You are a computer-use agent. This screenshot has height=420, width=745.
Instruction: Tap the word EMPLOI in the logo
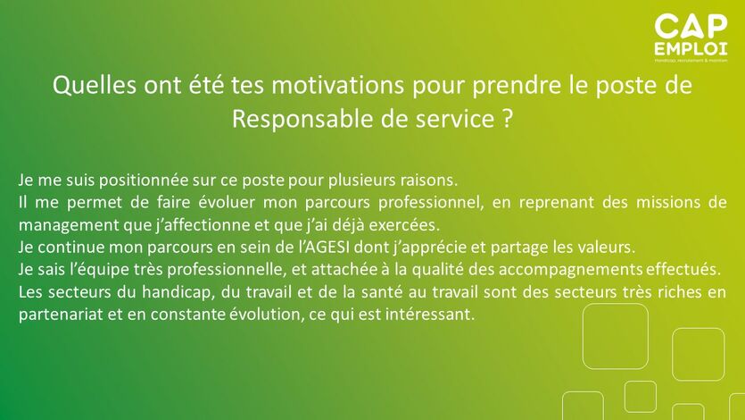point(691,49)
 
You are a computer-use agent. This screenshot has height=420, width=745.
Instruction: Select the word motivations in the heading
point(338,85)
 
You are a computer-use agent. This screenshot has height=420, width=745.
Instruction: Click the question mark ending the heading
point(507,119)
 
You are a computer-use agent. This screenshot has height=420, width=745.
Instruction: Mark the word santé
point(383,292)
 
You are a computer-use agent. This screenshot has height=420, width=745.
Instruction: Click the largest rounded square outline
point(616,305)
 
